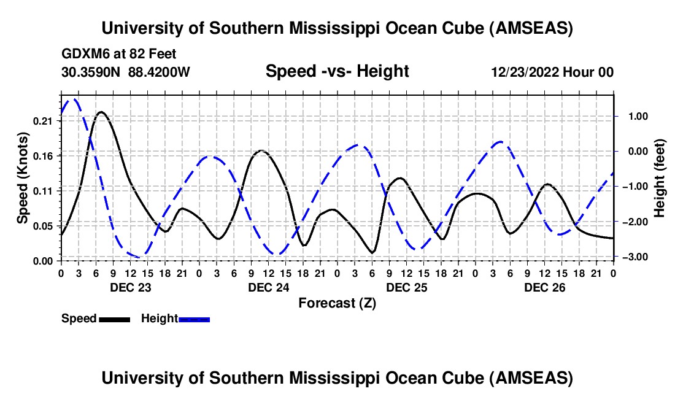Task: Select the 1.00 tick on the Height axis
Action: point(632,116)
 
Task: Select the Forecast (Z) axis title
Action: point(337,303)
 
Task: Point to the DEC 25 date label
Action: point(406,287)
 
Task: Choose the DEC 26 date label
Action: point(544,287)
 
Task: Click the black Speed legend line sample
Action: point(114,319)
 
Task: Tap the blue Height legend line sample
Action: point(194,319)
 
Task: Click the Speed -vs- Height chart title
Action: point(337,72)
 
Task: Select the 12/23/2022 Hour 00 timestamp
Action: point(552,72)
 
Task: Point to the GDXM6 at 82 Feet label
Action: point(119,55)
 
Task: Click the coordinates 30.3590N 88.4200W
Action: point(126,72)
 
